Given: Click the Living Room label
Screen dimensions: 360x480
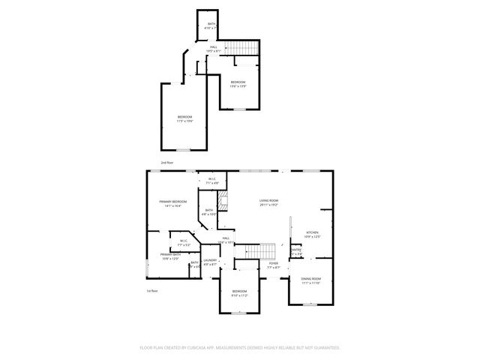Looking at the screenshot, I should pyautogui.click(x=269, y=200).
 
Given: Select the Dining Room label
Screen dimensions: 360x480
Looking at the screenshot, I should pyautogui.click(x=311, y=279).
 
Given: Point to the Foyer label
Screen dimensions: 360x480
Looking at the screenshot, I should pyautogui.click(x=274, y=263).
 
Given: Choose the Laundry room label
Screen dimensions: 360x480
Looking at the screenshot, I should pyautogui.click(x=209, y=260).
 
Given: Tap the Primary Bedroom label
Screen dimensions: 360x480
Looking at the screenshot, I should pyautogui.click(x=172, y=202).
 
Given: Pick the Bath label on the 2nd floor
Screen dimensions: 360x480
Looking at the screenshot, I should pyautogui.click(x=211, y=24).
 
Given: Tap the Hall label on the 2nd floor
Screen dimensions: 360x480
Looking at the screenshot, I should pyautogui.click(x=214, y=47).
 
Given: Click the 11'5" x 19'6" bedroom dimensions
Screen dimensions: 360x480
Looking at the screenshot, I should pyautogui.click(x=184, y=120).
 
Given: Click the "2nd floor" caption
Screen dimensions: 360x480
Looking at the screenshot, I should pyautogui.click(x=166, y=162).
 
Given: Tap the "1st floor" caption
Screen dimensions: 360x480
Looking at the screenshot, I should pyautogui.click(x=152, y=291).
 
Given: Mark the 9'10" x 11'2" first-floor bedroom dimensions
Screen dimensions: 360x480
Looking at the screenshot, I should pyautogui.click(x=239, y=295).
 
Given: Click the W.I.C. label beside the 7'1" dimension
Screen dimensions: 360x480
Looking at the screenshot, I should pyautogui.click(x=213, y=178).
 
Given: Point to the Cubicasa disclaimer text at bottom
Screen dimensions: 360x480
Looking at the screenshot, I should pyautogui.click(x=240, y=348).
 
